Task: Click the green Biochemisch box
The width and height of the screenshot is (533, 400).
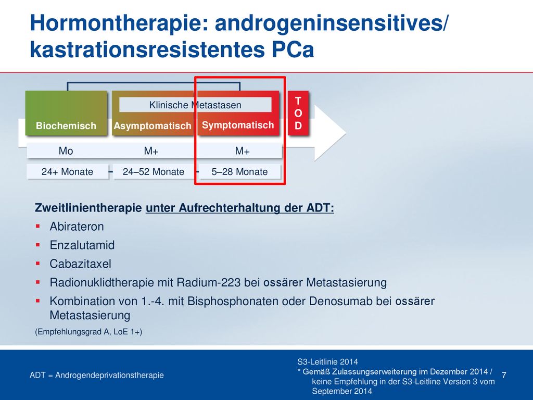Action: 66,113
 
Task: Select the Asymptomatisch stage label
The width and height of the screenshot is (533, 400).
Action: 153,126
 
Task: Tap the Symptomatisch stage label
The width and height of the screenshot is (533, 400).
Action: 238,125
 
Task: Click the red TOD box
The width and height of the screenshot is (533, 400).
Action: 298,113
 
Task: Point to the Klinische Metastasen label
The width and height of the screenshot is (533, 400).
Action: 195,105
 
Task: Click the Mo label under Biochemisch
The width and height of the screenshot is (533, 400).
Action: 66,151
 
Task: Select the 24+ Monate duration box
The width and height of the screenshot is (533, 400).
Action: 67,172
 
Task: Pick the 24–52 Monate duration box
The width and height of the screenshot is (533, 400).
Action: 154,172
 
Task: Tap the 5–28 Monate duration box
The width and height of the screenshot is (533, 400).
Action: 239,172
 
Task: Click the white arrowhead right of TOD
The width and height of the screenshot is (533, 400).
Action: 329,133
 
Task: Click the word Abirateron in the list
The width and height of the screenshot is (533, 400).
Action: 77,227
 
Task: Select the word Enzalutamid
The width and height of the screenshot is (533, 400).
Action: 82,245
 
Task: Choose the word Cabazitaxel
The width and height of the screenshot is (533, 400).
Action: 80,264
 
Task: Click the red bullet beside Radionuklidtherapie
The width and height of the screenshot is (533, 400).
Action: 37,282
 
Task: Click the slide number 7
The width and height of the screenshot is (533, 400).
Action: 504,375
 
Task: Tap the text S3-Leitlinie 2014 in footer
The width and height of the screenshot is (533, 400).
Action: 328,362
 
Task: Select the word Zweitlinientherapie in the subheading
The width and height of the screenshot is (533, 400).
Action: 88,207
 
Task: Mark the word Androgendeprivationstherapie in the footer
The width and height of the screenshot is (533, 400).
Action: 109,375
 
